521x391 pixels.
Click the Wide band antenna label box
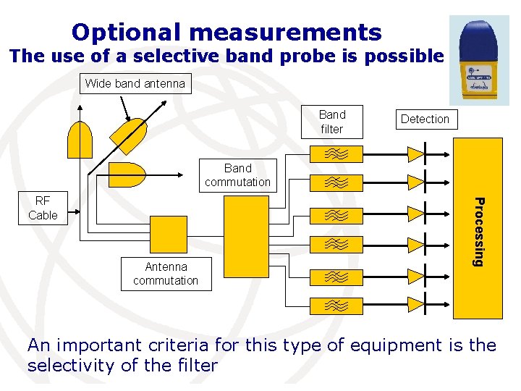(135, 84)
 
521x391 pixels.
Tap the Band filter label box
(332, 122)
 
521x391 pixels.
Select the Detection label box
(425, 119)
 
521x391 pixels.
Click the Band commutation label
(237, 175)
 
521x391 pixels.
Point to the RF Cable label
(43, 208)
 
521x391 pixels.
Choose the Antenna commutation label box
(166, 274)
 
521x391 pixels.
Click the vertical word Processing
(478, 231)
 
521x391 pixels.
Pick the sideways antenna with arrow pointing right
(127, 175)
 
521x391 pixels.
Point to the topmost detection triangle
(415, 154)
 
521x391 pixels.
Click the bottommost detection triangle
(415, 306)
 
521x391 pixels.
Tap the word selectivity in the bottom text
(69, 366)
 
